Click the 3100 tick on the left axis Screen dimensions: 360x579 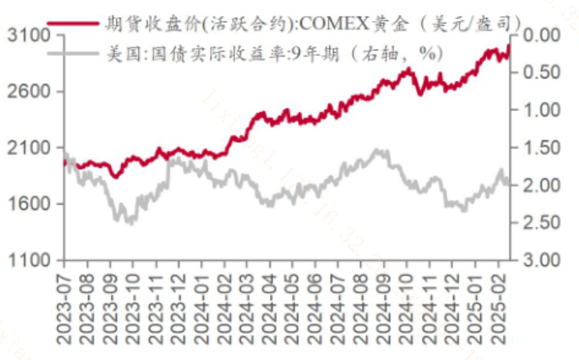click(27, 36)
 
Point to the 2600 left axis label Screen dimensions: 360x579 click(27, 92)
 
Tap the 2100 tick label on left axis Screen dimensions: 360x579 click(27, 148)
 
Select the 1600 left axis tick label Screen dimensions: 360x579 click(27, 204)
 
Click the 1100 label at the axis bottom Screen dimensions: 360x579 click(27, 260)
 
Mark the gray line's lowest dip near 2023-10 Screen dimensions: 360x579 click(129, 222)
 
